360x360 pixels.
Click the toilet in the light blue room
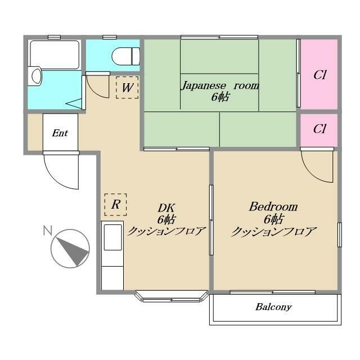(125, 56)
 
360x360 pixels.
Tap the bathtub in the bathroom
(55, 55)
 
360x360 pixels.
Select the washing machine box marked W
(127, 88)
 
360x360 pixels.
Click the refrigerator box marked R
(115, 205)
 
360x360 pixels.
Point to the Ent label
(60, 133)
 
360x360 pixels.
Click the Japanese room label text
(220, 85)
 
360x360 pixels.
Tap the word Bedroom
(273, 206)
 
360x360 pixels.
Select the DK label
(166, 208)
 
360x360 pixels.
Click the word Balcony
(273, 307)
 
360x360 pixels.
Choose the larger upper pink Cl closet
(319, 74)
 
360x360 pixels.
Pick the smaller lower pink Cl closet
(319, 130)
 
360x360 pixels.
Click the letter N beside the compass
(47, 231)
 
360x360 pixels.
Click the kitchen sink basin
(112, 237)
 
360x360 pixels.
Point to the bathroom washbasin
(36, 76)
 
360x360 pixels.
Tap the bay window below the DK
(172, 297)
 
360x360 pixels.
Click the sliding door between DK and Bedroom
(211, 220)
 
